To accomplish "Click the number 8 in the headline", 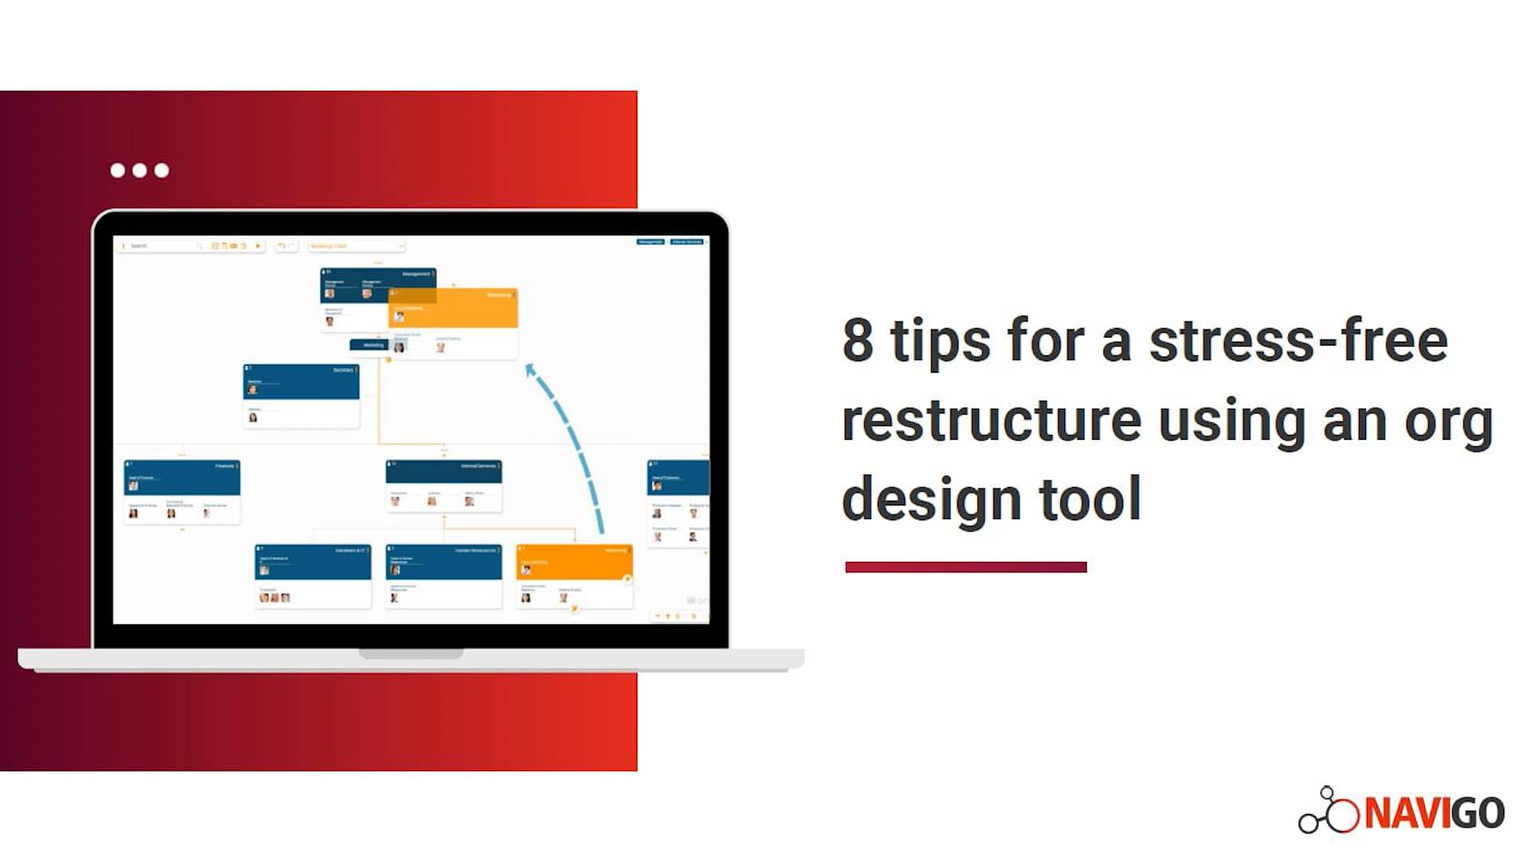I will coord(858,341).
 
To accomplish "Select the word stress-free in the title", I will coord(1298,341).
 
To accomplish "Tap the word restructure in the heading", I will coord(991,421).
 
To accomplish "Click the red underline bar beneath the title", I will coord(965,567).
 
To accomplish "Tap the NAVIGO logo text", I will coord(1434,813).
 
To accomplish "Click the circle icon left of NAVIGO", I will coord(1342,814).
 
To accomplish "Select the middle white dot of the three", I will coord(140,170).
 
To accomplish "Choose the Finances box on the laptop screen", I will coord(182,477).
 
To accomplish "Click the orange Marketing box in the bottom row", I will coord(574,562).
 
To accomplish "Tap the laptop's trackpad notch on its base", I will coord(411,654).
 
